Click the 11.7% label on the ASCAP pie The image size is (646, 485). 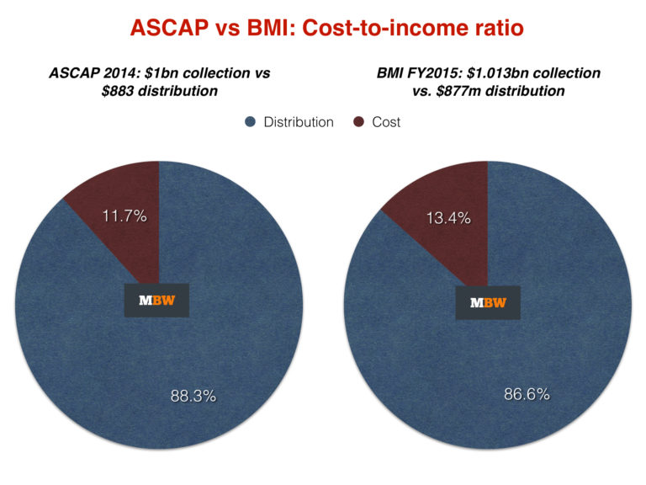pos(124,216)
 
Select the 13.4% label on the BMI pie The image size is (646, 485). pos(447,219)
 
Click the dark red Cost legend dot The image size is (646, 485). pos(358,122)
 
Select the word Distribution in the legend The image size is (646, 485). pos(298,122)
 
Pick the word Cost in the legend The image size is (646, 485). pos(386,122)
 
